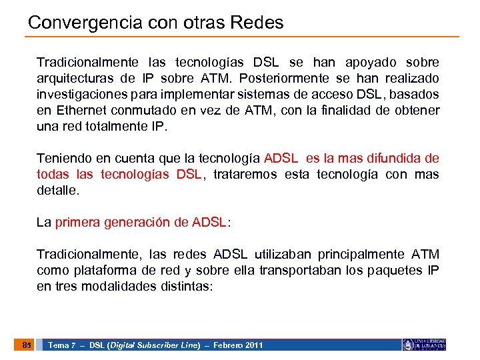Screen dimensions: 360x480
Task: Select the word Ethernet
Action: [75, 111]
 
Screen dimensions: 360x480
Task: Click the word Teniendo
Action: [61, 159]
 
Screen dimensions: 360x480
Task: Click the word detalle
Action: [57, 191]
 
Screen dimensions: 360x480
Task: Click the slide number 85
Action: [26, 345]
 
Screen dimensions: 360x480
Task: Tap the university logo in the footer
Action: [424, 345]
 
